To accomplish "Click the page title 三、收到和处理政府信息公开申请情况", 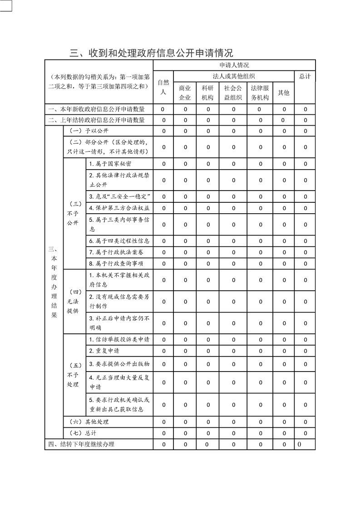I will pyautogui.click(x=151, y=53).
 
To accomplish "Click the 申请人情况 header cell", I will pyautogui.click(x=234, y=65).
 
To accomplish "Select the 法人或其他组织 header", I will pyautogui.click(x=234, y=76).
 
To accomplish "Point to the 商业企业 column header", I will pyautogui.click(x=185, y=93).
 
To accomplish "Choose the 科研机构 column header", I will pyautogui.click(x=208, y=93).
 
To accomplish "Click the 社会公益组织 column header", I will pyautogui.click(x=233, y=93).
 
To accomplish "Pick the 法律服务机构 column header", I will pyautogui.click(x=260, y=93).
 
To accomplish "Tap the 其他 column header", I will pyautogui.click(x=284, y=93).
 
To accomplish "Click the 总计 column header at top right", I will pyautogui.click(x=305, y=76).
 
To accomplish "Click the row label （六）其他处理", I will pyautogui.click(x=88, y=422).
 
